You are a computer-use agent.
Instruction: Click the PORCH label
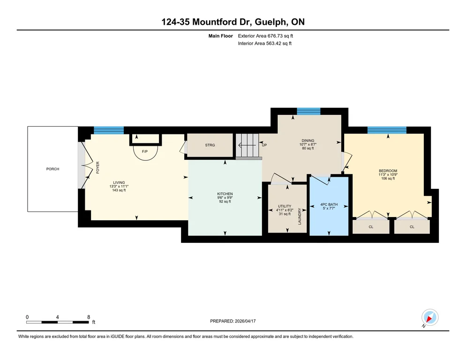click(53, 169)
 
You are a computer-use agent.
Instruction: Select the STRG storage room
click(210, 145)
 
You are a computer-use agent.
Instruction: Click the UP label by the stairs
click(264, 145)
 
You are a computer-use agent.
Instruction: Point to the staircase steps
click(248, 145)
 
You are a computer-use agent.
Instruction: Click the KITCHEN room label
click(225, 194)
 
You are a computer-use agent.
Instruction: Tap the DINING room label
click(308, 141)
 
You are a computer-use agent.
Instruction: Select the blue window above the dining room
click(309, 112)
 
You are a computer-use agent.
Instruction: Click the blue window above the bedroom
click(387, 130)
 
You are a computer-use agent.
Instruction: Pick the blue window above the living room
click(109, 130)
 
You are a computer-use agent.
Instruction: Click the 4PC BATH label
click(329, 204)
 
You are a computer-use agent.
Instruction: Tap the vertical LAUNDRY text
click(300, 216)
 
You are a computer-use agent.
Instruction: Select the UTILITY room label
click(285, 206)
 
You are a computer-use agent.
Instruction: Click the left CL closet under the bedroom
click(371, 226)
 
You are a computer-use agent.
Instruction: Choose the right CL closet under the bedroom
click(412, 226)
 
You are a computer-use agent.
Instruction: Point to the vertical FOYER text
click(98, 168)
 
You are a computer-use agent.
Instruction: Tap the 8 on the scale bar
click(89, 317)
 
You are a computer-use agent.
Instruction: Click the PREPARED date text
click(233, 321)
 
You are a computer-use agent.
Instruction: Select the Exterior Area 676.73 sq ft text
click(265, 36)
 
